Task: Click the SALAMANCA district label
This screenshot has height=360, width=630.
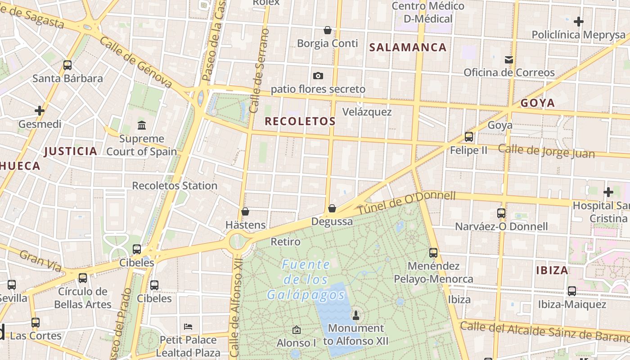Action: pyautogui.click(x=408, y=47)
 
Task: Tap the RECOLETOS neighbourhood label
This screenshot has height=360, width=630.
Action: pyautogui.click(x=300, y=121)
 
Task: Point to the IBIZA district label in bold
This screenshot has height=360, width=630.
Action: pyautogui.click(x=552, y=270)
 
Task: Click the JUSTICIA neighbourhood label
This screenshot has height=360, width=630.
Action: pyautogui.click(x=71, y=151)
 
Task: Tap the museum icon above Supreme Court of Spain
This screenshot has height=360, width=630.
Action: pyautogui.click(x=142, y=125)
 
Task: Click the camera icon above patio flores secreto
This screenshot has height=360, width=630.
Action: pyautogui.click(x=318, y=76)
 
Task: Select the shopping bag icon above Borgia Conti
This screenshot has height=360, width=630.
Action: pyautogui.click(x=328, y=30)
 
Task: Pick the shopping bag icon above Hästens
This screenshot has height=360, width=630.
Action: pyautogui.click(x=245, y=211)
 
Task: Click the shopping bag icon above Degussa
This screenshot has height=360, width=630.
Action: pyautogui.click(x=332, y=208)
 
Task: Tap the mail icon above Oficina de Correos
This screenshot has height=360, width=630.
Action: pyautogui.click(x=509, y=59)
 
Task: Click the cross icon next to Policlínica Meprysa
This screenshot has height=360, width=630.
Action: pyautogui.click(x=579, y=21)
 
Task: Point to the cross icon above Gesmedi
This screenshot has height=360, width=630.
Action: pyautogui.click(x=40, y=110)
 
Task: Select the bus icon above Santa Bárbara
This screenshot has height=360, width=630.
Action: pyautogui.click(x=67, y=65)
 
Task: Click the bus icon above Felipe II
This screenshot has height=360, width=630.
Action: pyautogui.click(x=469, y=136)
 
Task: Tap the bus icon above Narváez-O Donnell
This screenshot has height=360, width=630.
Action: pyautogui.click(x=501, y=213)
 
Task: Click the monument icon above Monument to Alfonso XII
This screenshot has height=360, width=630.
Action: pyautogui.click(x=356, y=315)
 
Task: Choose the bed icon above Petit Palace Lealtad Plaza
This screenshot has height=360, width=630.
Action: pyautogui.click(x=189, y=326)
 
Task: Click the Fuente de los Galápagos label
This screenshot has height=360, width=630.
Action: pyautogui.click(x=306, y=280)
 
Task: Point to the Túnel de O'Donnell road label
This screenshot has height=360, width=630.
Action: pyautogui.click(x=406, y=202)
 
